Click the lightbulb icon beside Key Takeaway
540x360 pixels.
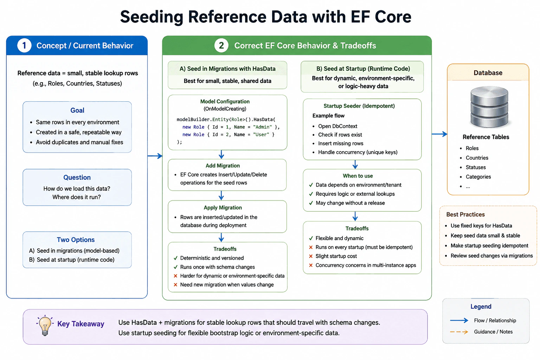(x=45, y=325)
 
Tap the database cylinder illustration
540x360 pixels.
(x=489, y=107)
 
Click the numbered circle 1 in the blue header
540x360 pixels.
(x=24, y=45)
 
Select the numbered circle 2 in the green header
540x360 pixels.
(x=221, y=45)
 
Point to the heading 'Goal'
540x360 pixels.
(x=77, y=110)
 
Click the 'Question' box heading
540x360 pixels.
(x=77, y=178)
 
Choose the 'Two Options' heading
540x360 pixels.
(x=76, y=240)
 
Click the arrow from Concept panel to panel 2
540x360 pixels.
(x=155, y=156)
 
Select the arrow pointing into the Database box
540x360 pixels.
(x=439, y=134)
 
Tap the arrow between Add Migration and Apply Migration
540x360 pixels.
(x=221, y=195)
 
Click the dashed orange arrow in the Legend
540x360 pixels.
(x=459, y=332)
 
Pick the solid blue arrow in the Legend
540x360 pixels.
(x=459, y=321)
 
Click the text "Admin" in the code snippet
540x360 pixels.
(x=262, y=127)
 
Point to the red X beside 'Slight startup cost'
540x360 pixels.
(x=311, y=256)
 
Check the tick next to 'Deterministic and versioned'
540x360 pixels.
(x=175, y=258)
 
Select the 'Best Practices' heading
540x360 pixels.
(x=465, y=214)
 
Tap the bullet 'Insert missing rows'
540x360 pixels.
(x=341, y=143)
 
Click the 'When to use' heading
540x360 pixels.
(x=358, y=176)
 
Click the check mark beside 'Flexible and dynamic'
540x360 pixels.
(x=311, y=238)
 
